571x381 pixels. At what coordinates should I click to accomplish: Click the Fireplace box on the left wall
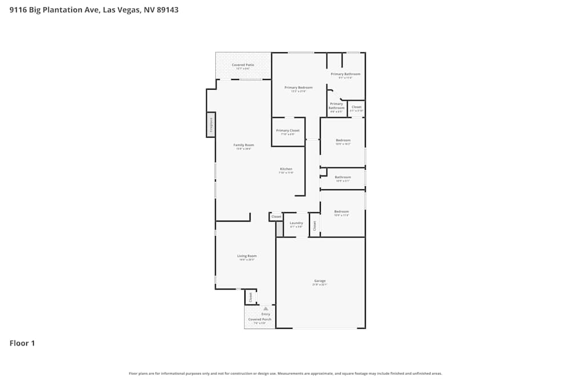click(211, 125)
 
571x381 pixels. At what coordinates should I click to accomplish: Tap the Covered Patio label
click(243, 65)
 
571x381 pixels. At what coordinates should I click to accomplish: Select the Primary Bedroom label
click(299, 87)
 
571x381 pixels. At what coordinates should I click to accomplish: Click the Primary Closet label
click(288, 131)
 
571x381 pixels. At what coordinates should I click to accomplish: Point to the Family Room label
click(244, 145)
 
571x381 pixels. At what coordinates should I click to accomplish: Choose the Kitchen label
click(286, 169)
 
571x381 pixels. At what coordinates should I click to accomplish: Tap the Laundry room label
click(296, 223)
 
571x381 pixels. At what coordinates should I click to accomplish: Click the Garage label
click(320, 281)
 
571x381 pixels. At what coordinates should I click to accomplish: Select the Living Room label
click(247, 256)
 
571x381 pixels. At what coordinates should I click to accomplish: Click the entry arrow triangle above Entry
click(266, 308)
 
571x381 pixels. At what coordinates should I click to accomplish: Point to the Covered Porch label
click(259, 319)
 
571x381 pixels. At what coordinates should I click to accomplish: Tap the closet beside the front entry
click(250, 297)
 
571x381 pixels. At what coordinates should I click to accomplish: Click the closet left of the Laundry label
click(276, 217)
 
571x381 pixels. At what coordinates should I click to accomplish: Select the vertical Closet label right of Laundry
click(314, 224)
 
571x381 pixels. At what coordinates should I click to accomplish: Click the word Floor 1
click(22, 343)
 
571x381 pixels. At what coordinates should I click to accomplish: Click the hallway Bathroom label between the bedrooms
click(343, 177)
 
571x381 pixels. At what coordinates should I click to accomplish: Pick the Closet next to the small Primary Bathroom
click(356, 107)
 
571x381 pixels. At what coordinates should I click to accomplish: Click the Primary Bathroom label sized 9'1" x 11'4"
click(345, 74)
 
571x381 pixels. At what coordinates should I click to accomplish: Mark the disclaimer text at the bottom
click(285, 373)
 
